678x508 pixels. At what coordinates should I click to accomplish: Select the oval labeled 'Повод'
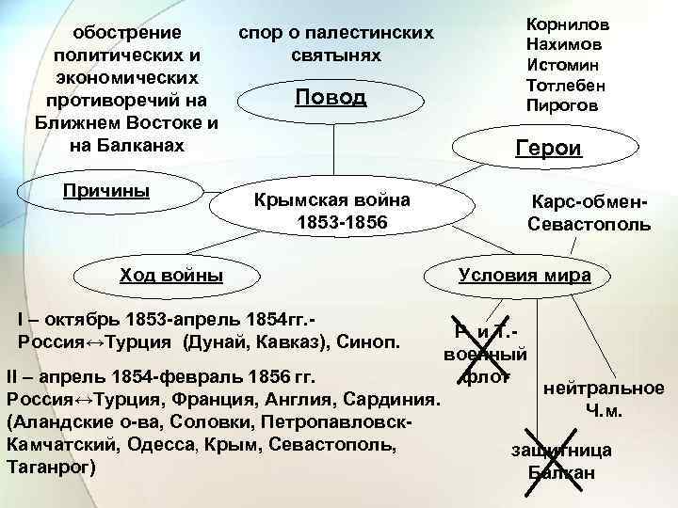(x=330, y=98)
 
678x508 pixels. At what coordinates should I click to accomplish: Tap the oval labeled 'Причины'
(x=105, y=191)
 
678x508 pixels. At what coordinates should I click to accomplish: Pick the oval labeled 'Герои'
(x=548, y=148)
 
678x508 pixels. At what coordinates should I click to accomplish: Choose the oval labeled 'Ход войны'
(x=171, y=275)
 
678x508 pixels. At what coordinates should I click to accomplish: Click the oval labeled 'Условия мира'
(x=524, y=275)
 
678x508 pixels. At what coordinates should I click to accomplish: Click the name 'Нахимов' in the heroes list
(x=565, y=45)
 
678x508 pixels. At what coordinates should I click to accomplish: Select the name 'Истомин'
(x=565, y=65)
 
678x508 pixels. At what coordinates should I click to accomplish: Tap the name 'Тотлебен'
(x=565, y=85)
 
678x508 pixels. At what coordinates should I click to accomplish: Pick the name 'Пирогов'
(x=562, y=104)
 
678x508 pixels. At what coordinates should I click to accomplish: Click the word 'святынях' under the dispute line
(x=336, y=56)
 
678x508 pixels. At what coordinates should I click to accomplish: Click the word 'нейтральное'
(x=604, y=388)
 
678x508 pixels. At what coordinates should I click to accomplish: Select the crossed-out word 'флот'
(x=486, y=376)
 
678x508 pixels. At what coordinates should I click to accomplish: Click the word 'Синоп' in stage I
(x=372, y=339)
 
